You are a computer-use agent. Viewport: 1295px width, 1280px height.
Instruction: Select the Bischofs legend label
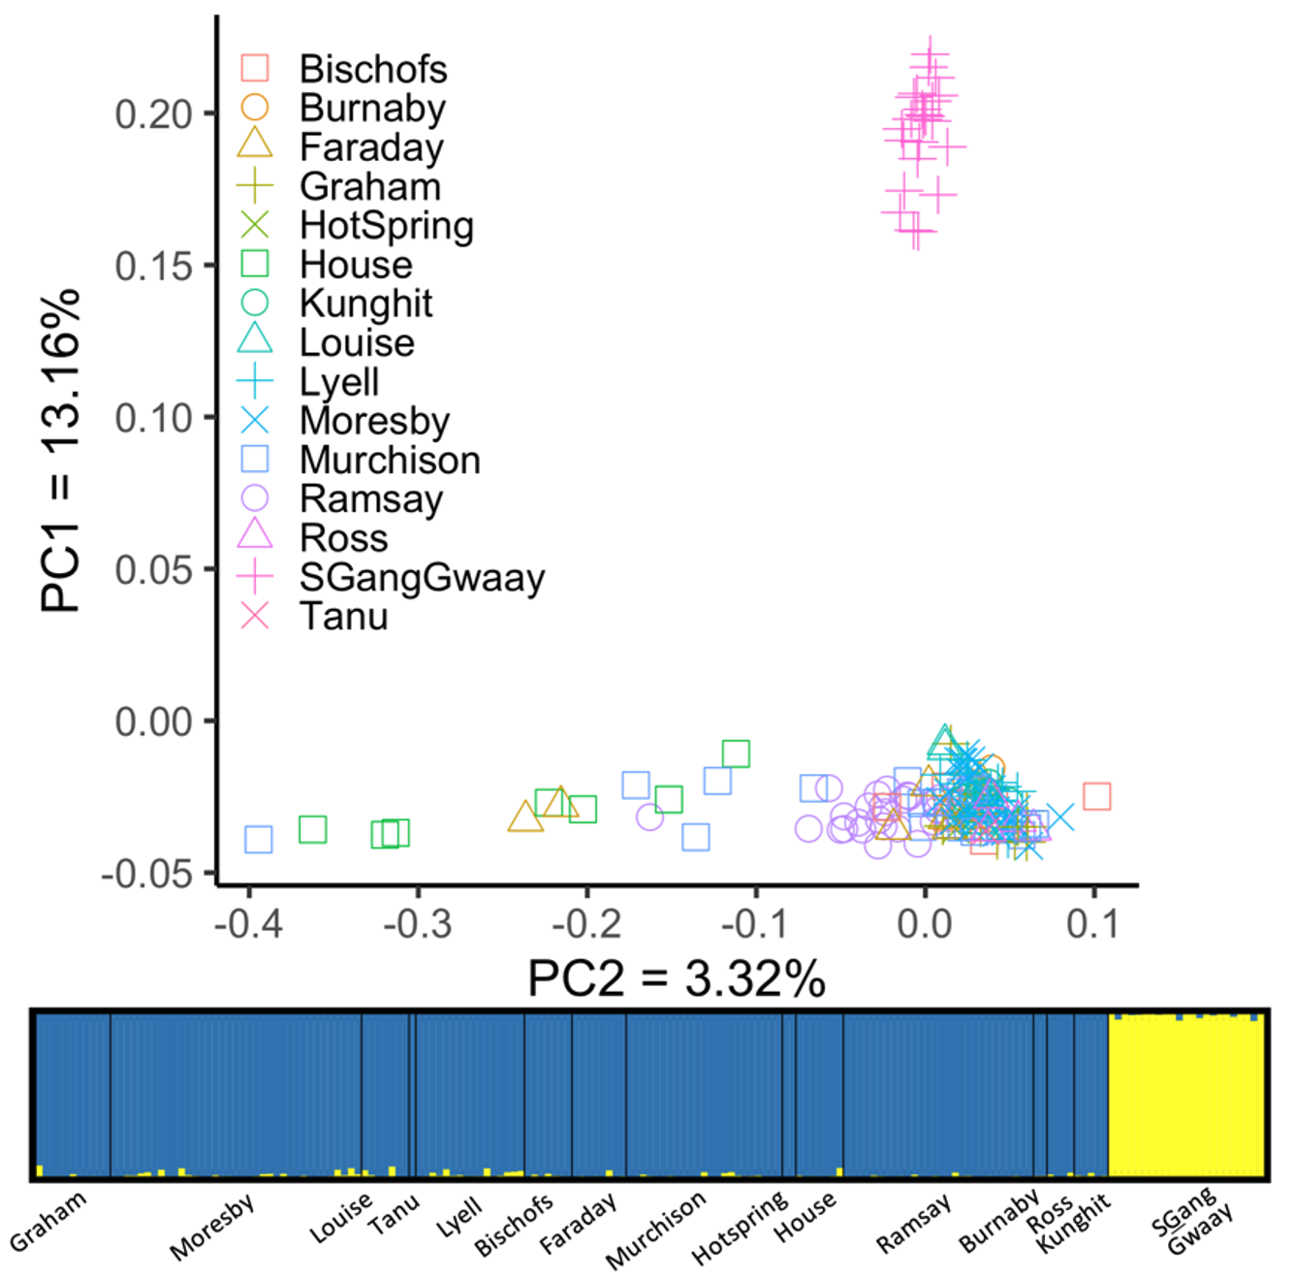[x=373, y=69]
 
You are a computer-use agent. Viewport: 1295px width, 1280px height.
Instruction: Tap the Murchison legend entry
[x=390, y=460]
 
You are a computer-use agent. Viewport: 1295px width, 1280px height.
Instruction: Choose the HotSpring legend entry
[x=386, y=225]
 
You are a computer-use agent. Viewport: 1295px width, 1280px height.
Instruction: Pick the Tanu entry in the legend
[x=343, y=617]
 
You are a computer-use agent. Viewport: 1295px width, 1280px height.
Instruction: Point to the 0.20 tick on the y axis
[x=154, y=114]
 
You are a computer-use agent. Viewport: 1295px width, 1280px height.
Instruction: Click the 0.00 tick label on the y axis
[x=154, y=721]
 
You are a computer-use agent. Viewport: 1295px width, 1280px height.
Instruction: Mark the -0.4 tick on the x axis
[x=249, y=923]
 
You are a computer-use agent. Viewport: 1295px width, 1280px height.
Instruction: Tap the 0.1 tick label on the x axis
[x=1092, y=923]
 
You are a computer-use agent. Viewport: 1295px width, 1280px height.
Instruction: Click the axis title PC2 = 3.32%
[x=676, y=978]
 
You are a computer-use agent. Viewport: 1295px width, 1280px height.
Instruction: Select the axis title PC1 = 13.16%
[x=60, y=451]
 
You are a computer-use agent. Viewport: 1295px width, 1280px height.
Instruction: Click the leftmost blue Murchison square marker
[x=259, y=839]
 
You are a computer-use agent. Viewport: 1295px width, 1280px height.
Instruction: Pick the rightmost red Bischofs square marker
[x=1096, y=796]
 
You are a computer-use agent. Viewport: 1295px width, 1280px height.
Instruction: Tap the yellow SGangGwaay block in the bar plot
[x=1185, y=1096]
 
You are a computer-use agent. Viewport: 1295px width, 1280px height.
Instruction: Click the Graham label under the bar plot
[x=48, y=1221]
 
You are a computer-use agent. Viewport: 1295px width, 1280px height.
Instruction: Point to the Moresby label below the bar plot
[x=212, y=1227]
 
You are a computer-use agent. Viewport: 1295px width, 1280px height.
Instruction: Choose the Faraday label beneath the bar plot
[x=578, y=1224]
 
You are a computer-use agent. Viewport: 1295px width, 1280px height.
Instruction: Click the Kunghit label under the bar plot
[x=1074, y=1225]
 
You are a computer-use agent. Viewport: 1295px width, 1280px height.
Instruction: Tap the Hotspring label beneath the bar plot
[x=741, y=1228]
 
